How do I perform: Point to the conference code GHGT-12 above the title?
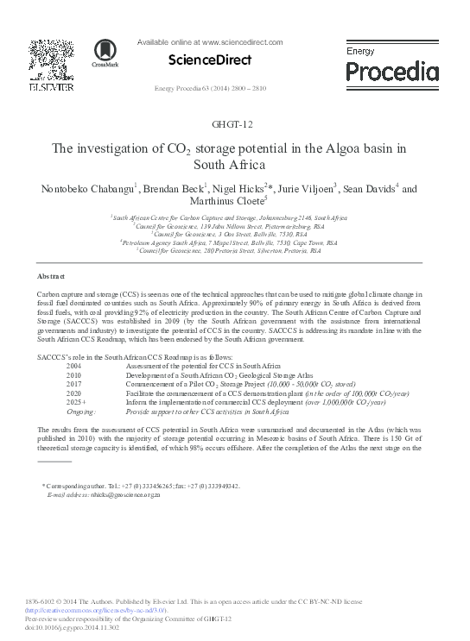234,127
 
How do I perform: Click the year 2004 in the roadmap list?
73,367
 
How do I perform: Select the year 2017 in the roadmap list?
73,384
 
